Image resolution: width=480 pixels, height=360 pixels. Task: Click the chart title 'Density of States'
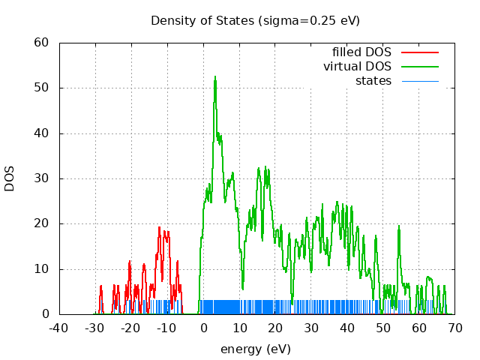pos(255,20)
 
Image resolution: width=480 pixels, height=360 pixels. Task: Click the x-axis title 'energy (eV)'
pos(255,349)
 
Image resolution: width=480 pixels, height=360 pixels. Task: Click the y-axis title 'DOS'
pos(10,178)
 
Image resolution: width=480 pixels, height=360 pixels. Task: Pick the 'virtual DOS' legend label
pos(357,66)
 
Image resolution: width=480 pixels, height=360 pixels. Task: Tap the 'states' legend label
pos(373,80)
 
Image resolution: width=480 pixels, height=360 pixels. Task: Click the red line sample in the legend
pos(419,52)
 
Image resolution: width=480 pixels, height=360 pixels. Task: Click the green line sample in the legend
pos(419,66)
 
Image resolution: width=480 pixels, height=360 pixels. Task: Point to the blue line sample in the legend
pos(419,80)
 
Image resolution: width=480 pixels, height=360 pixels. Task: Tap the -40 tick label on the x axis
pos(58,328)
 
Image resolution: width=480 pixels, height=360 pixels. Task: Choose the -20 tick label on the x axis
pos(130,328)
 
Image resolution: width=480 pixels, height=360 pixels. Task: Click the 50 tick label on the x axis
pos(383,328)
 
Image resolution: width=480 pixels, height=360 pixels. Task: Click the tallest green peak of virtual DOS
pos(214,77)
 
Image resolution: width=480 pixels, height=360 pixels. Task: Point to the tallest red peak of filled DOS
pos(160,227)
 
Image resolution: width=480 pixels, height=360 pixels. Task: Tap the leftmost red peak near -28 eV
pos(101,286)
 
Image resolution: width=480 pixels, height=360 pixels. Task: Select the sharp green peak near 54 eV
pos(399,227)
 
